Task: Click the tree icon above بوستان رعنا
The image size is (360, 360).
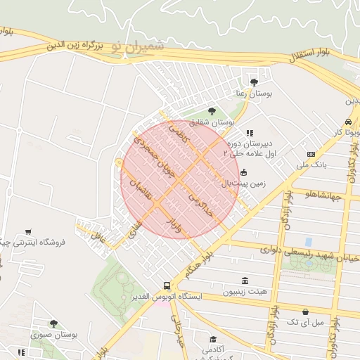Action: pyautogui.click(x=254, y=82)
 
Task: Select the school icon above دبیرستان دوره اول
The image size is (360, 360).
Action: pyautogui.click(x=249, y=132)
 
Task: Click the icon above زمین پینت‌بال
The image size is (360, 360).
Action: pyautogui.click(x=243, y=172)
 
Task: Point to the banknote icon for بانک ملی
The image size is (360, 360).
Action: pyautogui.click(x=311, y=155)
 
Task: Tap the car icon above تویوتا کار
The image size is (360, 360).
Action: pyautogui.click(x=348, y=121)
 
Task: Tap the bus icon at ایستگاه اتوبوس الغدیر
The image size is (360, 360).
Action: pyautogui.click(x=167, y=285)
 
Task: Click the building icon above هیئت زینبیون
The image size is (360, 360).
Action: pyautogui.click(x=243, y=280)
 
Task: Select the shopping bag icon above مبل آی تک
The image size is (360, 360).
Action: pyautogui.click(x=305, y=311)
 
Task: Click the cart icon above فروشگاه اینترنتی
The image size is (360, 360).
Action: pyautogui.click(x=28, y=231)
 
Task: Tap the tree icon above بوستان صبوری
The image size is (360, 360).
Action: pyautogui.click(x=53, y=323)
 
